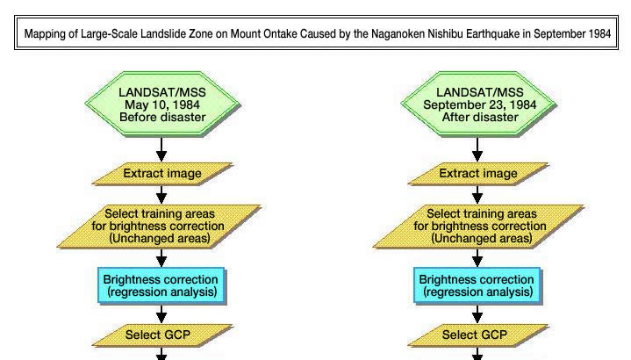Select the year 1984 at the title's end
(x=599, y=33)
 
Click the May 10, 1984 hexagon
(x=162, y=104)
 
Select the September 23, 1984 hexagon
(x=479, y=104)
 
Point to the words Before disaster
(x=162, y=117)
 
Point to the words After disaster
(x=480, y=117)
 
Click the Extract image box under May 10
(x=162, y=174)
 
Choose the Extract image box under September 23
(x=478, y=174)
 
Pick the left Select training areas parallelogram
(x=159, y=227)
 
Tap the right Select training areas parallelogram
(x=479, y=227)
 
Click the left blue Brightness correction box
(x=161, y=285)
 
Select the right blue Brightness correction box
(x=477, y=285)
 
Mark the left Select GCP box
(x=162, y=335)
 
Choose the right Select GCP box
(x=478, y=335)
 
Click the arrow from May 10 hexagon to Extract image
(x=161, y=149)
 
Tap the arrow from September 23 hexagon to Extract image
(x=477, y=149)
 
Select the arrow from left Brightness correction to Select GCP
(x=161, y=313)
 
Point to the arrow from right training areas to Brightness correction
(x=477, y=257)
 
